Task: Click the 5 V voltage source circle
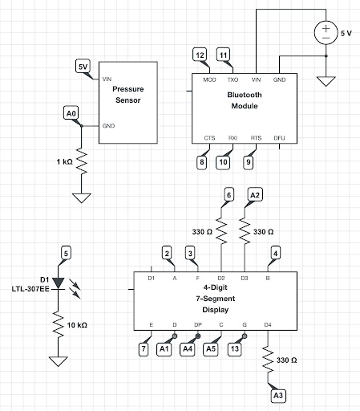pos(326,33)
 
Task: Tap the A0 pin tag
pos(71,113)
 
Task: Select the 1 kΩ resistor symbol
pos(82,161)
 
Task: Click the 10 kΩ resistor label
pos(77,325)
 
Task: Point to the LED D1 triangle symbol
pos(59,283)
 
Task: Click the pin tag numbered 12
pos(200,55)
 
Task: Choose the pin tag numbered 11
pos(223,55)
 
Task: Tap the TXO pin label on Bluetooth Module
pos(233,79)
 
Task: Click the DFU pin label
pos(279,138)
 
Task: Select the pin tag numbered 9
pos(249,162)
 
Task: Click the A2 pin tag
pos(255,195)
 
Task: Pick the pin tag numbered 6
pos(229,195)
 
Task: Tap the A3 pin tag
pos(278,395)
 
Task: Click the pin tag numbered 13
pos(235,349)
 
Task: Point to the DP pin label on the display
pos(198,325)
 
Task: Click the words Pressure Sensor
pos(128,95)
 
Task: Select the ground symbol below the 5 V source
pos(326,81)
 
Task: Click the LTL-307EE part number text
pos(30,289)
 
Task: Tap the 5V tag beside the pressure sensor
pos(83,67)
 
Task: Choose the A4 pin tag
pos(188,349)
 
